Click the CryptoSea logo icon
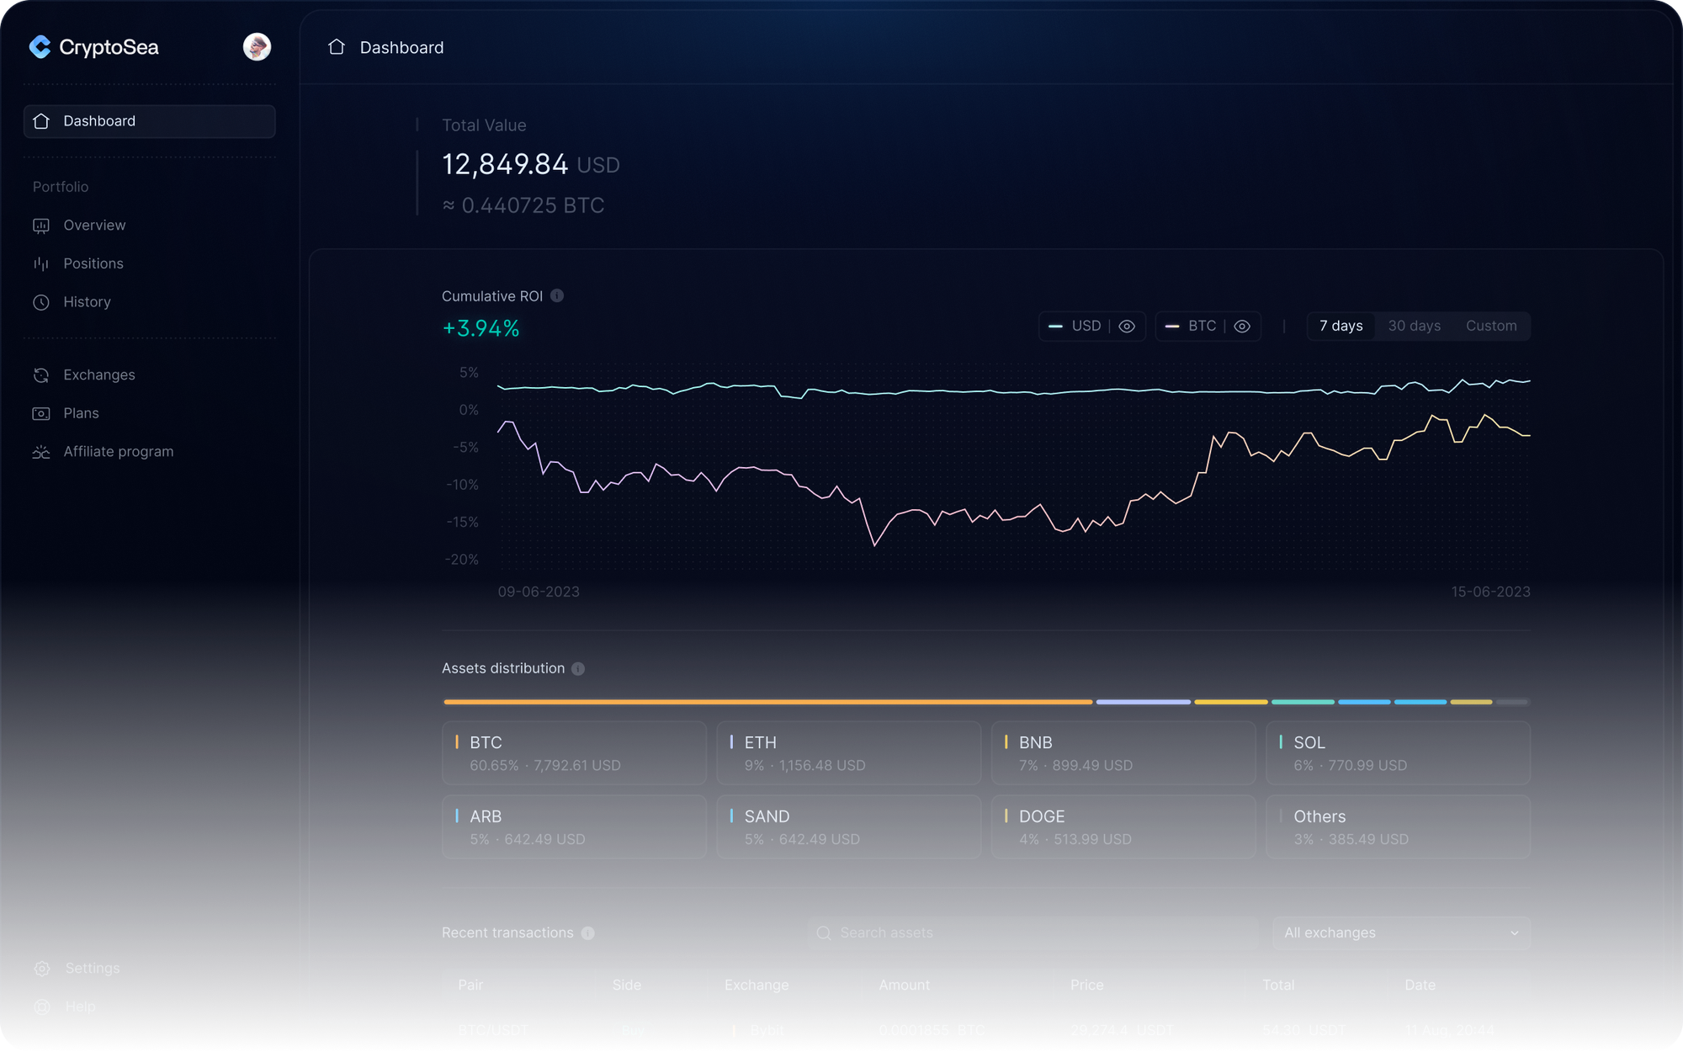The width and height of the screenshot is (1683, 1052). click(x=40, y=47)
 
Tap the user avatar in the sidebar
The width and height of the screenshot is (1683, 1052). click(x=257, y=47)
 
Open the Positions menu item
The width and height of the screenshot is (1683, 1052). click(x=93, y=263)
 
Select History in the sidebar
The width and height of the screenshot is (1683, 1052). click(x=87, y=302)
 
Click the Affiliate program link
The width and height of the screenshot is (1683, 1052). click(x=118, y=452)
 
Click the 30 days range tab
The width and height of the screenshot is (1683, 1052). click(x=1414, y=326)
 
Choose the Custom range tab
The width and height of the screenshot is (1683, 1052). click(x=1491, y=326)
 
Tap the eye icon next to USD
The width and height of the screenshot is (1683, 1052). click(x=1127, y=327)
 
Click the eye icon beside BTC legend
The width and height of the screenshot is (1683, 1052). click(x=1242, y=327)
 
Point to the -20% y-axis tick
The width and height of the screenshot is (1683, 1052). click(x=462, y=560)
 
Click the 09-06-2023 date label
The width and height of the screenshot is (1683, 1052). click(x=539, y=592)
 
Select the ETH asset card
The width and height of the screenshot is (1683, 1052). click(x=848, y=753)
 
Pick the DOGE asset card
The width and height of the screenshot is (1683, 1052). click(x=1123, y=826)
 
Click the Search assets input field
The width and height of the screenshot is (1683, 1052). click(x=1033, y=932)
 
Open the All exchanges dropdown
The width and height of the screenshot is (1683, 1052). click(x=1401, y=932)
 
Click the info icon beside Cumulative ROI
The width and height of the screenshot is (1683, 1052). click(x=557, y=295)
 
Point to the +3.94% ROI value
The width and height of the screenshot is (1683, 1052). click(x=480, y=328)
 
